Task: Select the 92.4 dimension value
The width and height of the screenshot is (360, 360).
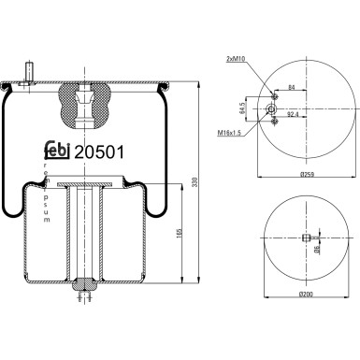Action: [x=293, y=115]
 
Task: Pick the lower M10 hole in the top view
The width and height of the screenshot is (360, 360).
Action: [x=272, y=122]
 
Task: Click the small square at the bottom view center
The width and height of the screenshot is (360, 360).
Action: [x=306, y=238]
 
